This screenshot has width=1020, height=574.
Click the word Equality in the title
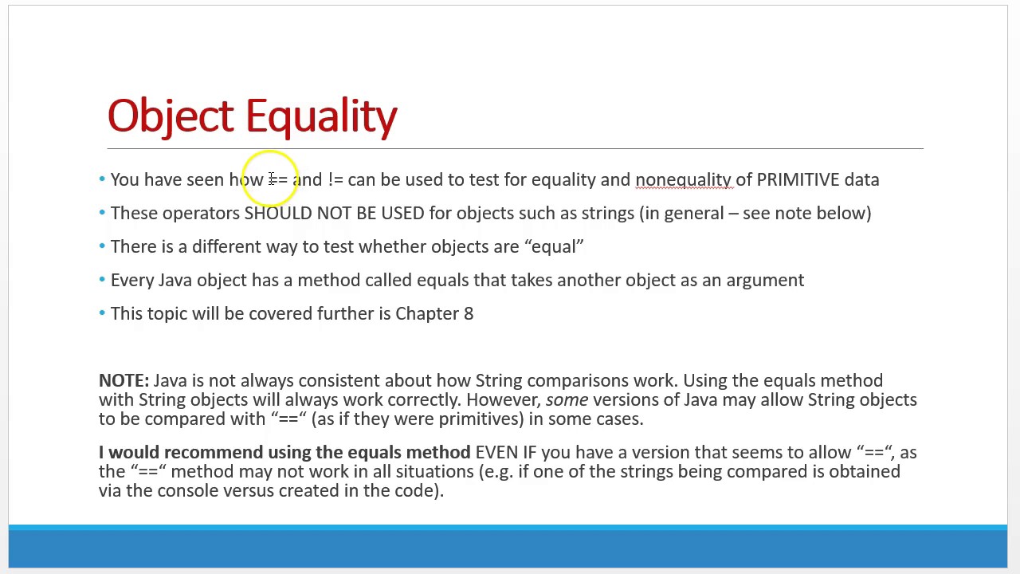(x=321, y=116)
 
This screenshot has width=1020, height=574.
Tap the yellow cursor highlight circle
(x=270, y=179)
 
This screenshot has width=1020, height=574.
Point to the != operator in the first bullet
(x=335, y=179)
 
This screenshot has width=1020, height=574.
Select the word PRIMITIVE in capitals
(x=798, y=179)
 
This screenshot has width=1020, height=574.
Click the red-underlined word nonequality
(x=683, y=179)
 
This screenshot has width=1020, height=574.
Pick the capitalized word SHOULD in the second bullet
(x=278, y=213)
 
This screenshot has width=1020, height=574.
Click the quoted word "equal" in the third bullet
(x=554, y=246)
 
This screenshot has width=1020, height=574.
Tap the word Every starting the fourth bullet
(x=132, y=280)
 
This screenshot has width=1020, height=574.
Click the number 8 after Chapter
(x=469, y=313)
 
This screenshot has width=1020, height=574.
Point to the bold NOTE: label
(x=124, y=380)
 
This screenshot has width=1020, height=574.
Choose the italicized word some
(x=567, y=399)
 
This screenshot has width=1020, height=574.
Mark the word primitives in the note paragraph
(x=478, y=419)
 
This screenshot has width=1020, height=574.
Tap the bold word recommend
(x=213, y=452)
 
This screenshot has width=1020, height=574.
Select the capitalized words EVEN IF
(x=506, y=452)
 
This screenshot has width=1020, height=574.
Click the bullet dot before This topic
(x=102, y=313)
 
